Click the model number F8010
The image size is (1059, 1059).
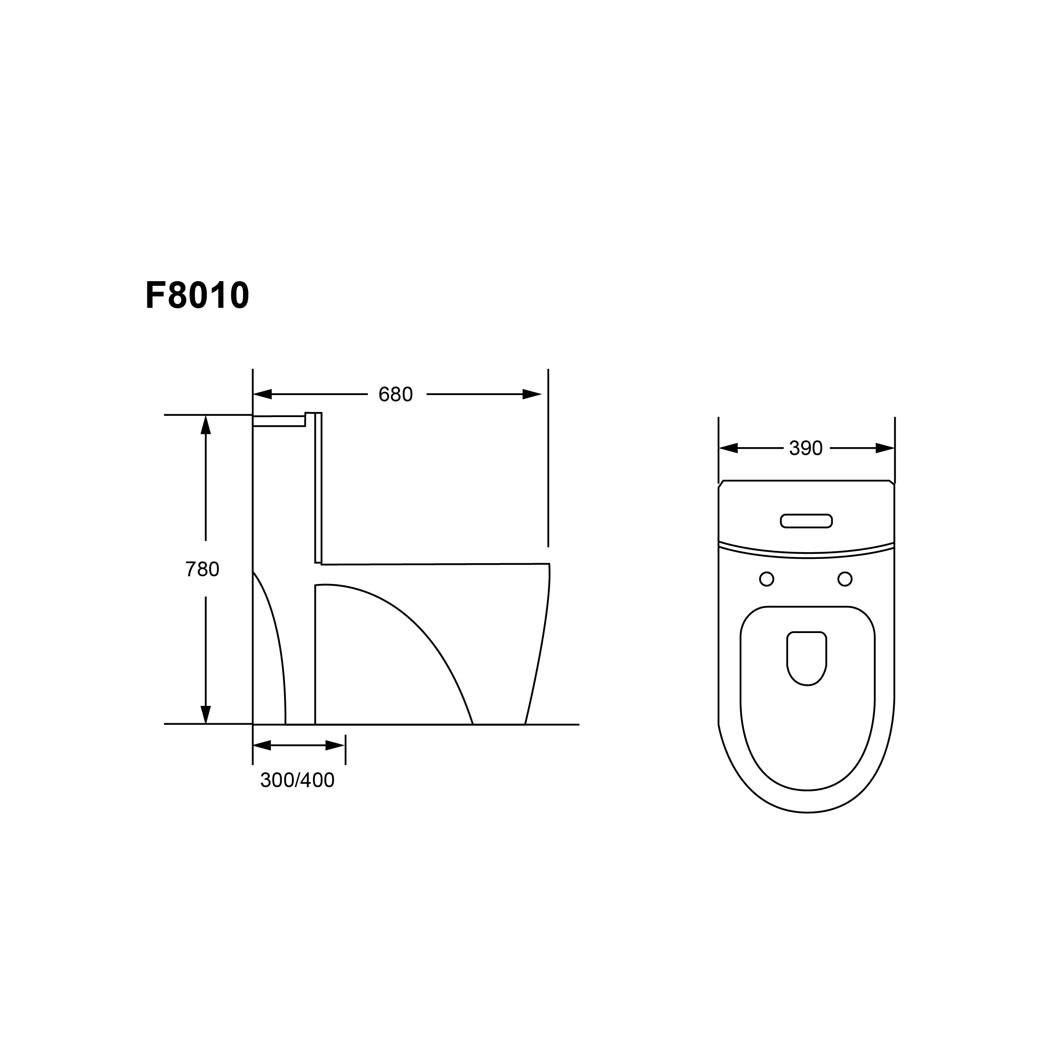tap(197, 296)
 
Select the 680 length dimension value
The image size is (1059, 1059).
tap(395, 395)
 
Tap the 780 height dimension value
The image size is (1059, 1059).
tap(202, 570)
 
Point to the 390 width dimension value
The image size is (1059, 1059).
tap(806, 448)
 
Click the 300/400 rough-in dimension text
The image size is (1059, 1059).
tap(297, 780)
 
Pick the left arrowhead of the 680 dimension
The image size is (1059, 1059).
tap(263, 394)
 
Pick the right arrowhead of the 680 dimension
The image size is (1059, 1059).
tap(532, 394)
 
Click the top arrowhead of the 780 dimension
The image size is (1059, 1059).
tap(205, 424)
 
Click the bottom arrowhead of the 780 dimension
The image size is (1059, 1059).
tap(205, 714)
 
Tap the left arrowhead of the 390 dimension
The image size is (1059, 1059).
tap(728, 448)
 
